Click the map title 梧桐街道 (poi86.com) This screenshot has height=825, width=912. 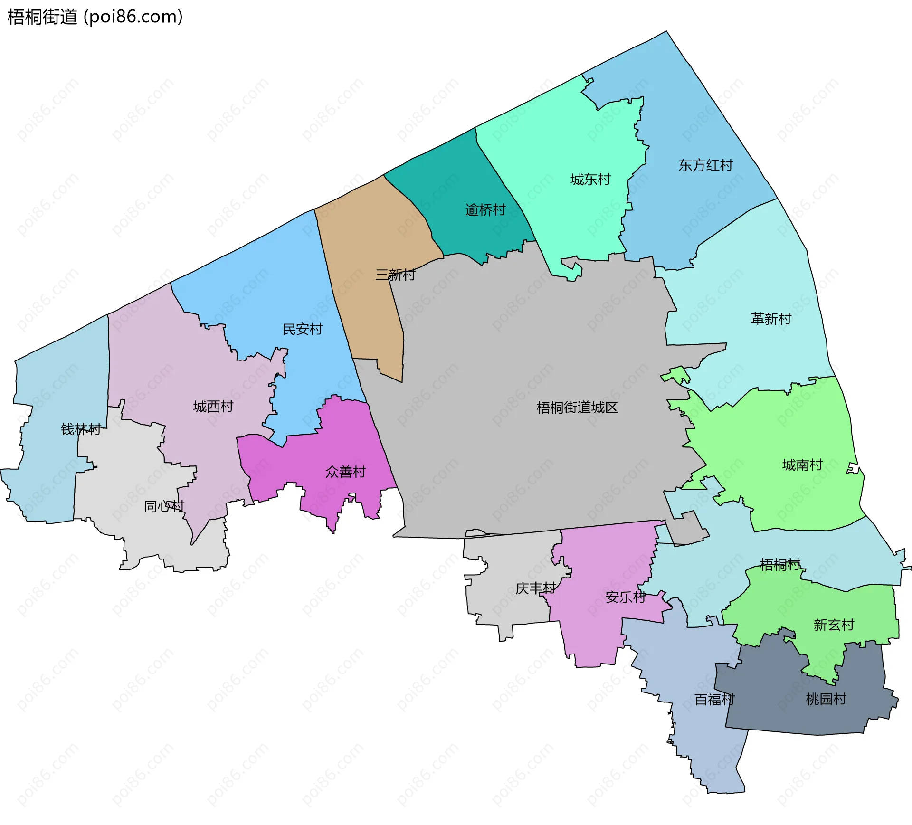tap(95, 17)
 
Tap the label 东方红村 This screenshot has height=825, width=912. tap(705, 165)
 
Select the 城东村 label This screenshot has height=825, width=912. tap(590, 180)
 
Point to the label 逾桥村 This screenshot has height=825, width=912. tap(485, 210)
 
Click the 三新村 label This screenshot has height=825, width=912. tap(395, 275)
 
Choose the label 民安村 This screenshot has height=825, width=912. tap(303, 329)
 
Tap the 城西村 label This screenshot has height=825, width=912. tap(213, 407)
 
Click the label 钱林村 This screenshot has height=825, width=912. tap(81, 429)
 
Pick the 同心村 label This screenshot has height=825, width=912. tap(164, 506)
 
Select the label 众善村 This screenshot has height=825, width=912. tap(346, 472)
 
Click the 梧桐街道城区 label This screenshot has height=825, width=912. tap(577, 408)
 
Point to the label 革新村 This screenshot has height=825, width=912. tap(771, 319)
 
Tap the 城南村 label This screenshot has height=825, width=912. tap(802, 465)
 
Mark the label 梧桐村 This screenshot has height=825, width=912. tap(780, 564)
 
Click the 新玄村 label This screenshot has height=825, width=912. tap(834, 625)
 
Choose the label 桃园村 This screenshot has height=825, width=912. tap(826, 699)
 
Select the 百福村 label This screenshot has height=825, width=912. tap(714, 700)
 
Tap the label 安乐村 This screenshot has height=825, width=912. tap(626, 597)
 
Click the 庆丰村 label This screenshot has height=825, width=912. tap(536, 588)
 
